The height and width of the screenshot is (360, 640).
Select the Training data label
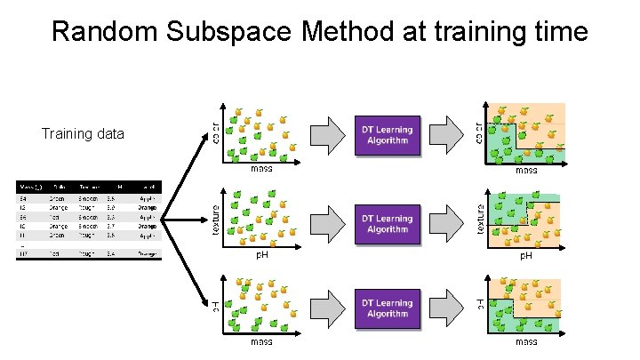pos(83,134)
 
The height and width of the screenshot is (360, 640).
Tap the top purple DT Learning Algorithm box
pos(388,135)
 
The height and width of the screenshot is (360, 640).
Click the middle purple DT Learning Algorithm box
pos(388,224)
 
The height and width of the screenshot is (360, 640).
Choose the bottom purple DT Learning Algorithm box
pos(388,309)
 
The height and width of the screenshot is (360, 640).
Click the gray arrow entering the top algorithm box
pos(328,135)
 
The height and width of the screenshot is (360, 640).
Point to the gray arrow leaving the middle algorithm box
pos(447,224)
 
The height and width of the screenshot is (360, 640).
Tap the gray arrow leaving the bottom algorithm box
pos(447,309)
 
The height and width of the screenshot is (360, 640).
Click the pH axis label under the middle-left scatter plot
pos(262,255)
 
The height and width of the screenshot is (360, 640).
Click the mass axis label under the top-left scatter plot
pos(261,169)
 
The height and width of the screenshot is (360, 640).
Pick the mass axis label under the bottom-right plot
pos(526,341)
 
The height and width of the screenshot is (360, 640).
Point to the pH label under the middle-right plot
pos(526,256)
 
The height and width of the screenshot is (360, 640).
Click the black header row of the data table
pos(86,186)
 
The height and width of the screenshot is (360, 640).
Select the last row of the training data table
pos(86,253)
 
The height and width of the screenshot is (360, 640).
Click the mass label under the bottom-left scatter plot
pos(261,341)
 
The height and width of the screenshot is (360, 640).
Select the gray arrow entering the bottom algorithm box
pos(328,309)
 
